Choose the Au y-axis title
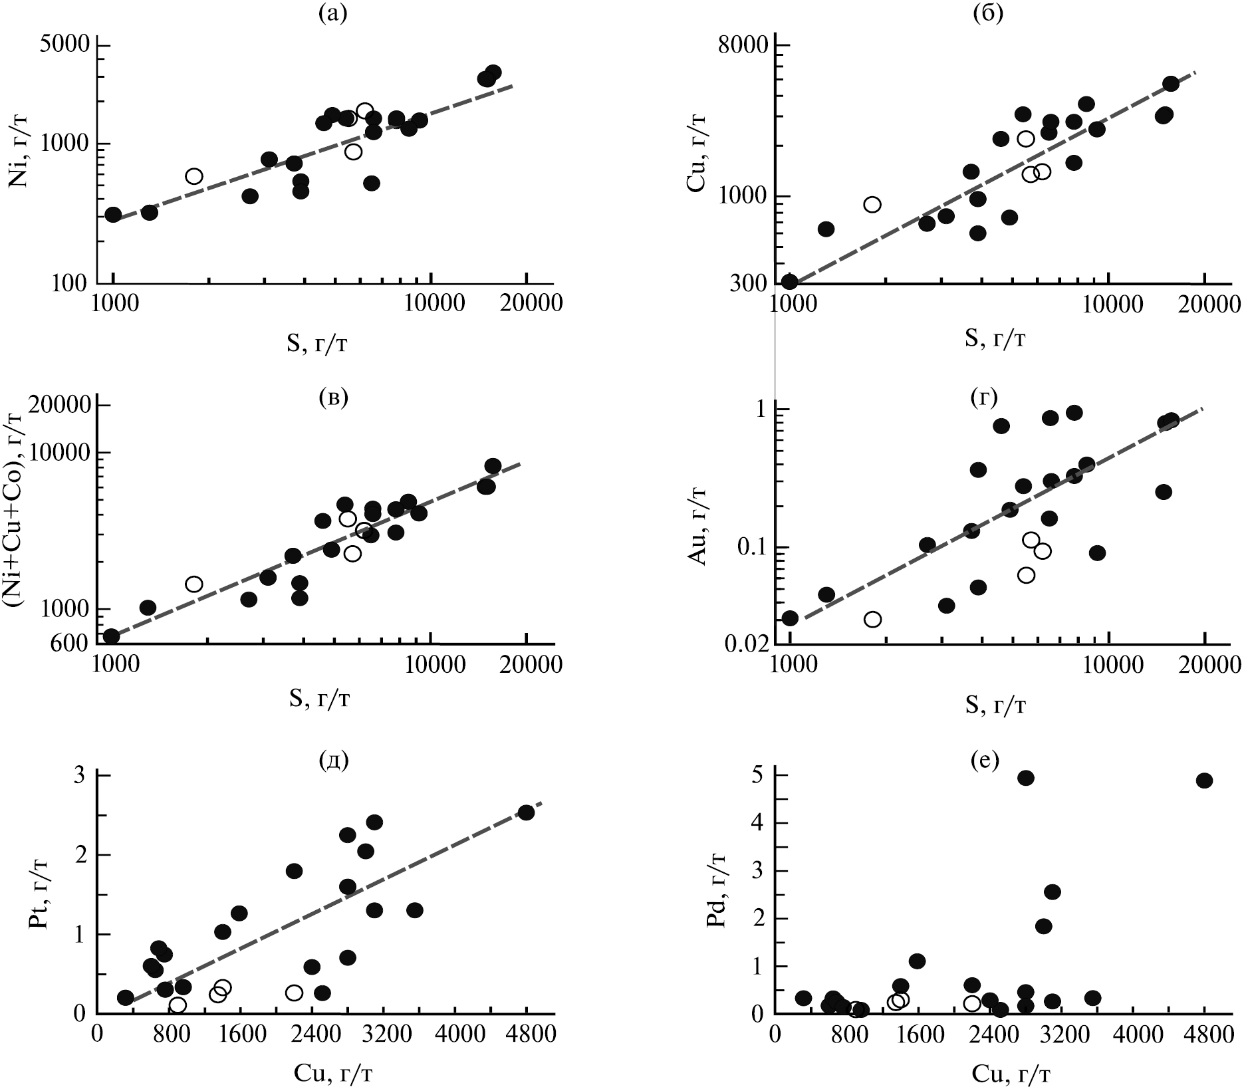pos(702,525)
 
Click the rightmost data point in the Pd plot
pos(1204,781)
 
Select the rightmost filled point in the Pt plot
pos(526,812)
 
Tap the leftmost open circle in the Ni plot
pos(194,176)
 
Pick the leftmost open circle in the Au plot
pos(873,619)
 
